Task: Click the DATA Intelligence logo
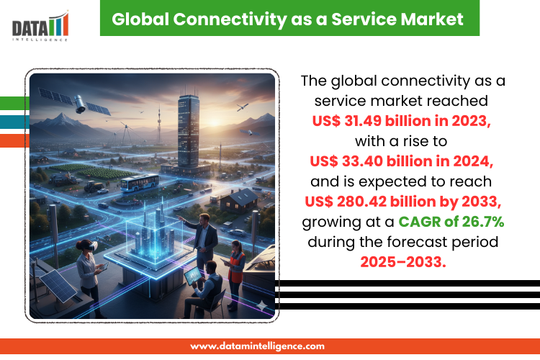(x=40, y=26)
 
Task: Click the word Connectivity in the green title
(x=230, y=19)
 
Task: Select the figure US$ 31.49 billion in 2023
(x=401, y=121)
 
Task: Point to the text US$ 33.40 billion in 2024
(x=401, y=161)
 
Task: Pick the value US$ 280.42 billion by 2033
(x=403, y=202)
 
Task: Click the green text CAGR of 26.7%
(x=451, y=222)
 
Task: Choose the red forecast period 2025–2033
(x=403, y=262)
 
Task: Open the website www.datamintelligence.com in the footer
(x=257, y=346)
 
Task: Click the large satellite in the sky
(x=75, y=102)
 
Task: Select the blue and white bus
(x=140, y=183)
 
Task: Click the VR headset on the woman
(x=91, y=246)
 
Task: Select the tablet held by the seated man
(x=193, y=276)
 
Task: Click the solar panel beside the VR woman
(x=57, y=285)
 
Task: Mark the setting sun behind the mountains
(x=215, y=121)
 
